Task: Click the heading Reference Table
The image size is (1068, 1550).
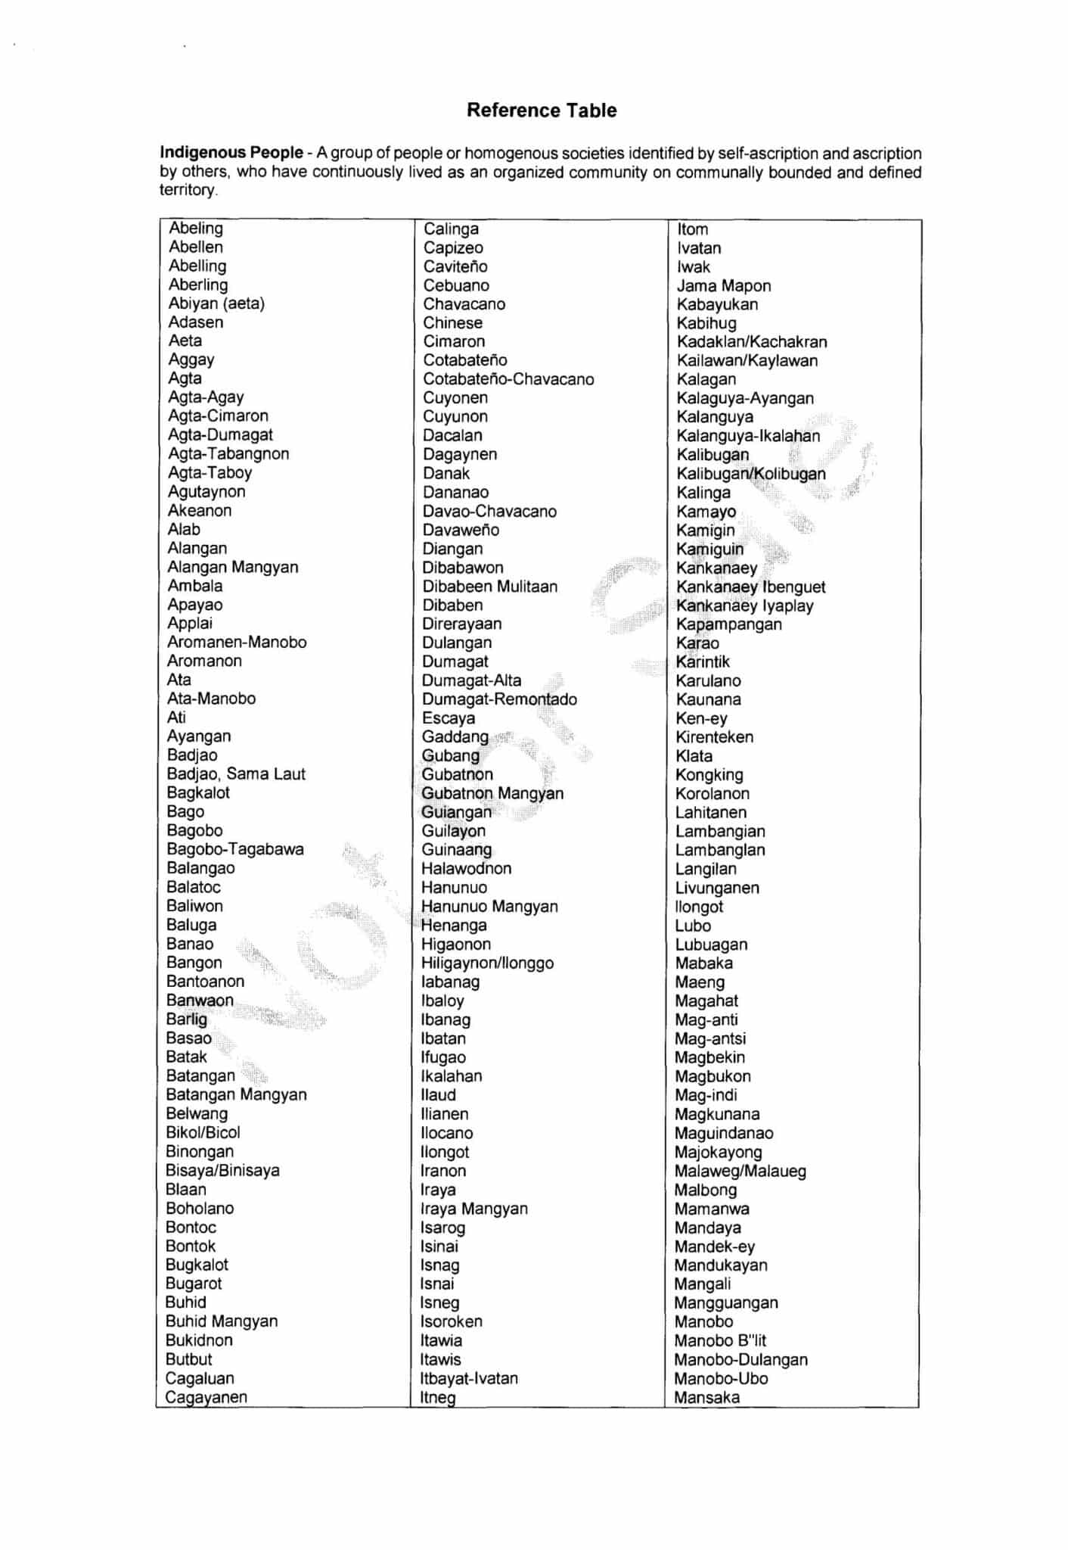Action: [541, 110]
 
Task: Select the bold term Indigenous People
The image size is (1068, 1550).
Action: [231, 153]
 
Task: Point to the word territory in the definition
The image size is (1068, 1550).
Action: [188, 190]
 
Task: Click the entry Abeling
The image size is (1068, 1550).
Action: [196, 228]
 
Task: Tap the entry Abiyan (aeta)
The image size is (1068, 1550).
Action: [216, 303]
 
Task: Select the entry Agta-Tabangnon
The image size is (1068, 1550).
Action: [228, 453]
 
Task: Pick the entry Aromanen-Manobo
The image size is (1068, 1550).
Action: [237, 642]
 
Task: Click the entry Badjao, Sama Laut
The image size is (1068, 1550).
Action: [236, 773]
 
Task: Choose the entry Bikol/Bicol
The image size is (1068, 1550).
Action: [203, 1132]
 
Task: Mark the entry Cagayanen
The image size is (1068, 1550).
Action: [206, 1397]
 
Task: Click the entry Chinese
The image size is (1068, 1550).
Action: [452, 322]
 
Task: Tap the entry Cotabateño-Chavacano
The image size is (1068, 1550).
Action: [508, 379]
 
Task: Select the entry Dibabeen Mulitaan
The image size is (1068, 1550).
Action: [489, 587]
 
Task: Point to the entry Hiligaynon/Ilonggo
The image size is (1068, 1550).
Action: [487, 963]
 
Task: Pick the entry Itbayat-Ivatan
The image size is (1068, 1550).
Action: [469, 1378]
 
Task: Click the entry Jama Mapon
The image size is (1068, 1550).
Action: [724, 285]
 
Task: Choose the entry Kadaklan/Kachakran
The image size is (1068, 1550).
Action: [752, 341]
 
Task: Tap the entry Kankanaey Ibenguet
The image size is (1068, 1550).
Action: [750, 587]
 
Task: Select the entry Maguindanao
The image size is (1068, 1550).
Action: [724, 1133]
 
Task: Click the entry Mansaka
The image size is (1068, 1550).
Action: [707, 1397]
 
